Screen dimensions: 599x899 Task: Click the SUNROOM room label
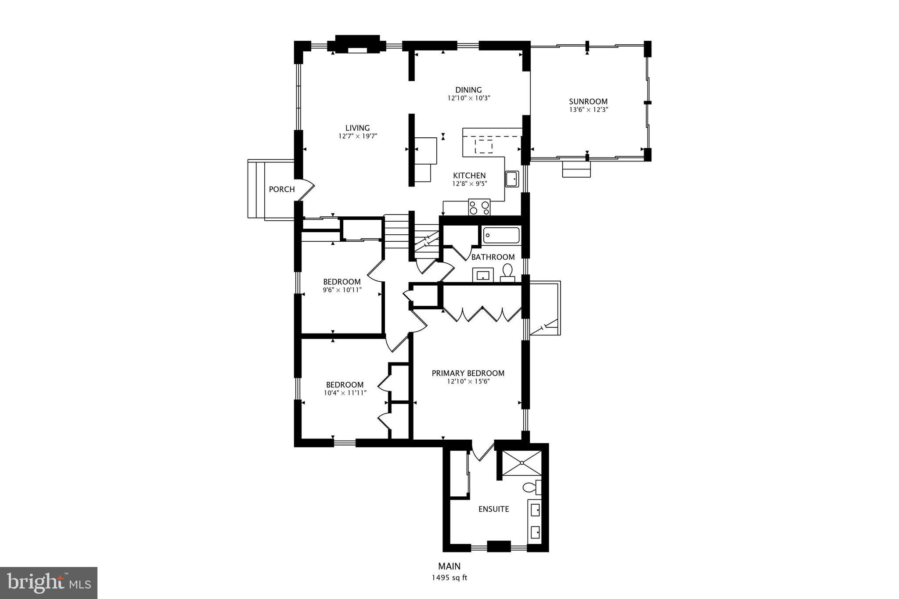588,101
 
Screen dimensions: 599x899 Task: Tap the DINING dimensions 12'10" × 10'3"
468,98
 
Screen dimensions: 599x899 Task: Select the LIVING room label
357,128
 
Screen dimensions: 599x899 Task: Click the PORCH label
281,189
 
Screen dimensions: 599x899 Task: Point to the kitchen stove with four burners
479,207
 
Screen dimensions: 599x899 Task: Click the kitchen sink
512,179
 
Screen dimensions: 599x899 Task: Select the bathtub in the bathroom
501,236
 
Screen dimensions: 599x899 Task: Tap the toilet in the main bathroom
508,272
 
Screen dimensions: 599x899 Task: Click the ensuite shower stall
522,463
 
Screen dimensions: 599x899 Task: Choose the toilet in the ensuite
531,487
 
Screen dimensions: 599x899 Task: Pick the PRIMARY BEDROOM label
468,373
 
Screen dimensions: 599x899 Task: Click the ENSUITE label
494,509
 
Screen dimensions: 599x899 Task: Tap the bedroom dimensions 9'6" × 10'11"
342,290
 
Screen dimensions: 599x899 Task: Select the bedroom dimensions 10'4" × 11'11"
345,393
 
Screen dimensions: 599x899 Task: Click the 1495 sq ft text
449,578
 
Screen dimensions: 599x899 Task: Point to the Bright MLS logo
49,583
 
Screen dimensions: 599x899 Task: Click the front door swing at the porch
308,190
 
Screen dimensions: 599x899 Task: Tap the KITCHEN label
469,176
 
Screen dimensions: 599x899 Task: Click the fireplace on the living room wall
357,45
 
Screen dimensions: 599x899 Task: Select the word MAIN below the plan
449,566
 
